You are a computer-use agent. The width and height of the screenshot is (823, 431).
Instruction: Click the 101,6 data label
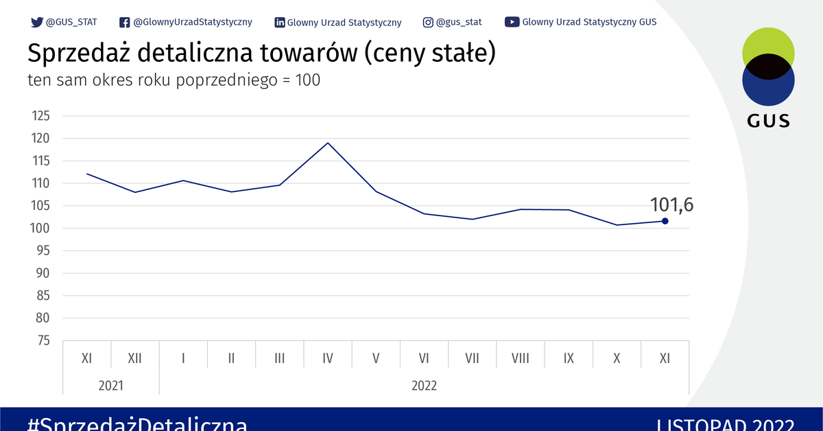tap(671, 204)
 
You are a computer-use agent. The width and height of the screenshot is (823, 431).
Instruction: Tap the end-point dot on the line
tap(665, 221)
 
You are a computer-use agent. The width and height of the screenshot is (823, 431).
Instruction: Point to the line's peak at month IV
tap(328, 143)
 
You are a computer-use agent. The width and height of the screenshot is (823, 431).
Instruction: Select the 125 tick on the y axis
tap(41, 116)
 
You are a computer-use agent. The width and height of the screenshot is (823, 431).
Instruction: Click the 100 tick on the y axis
tap(41, 228)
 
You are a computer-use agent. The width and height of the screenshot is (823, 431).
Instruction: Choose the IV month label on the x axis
tap(328, 358)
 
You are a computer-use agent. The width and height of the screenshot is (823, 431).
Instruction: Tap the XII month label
tap(134, 358)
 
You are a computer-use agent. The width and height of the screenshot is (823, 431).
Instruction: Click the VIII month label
tap(521, 358)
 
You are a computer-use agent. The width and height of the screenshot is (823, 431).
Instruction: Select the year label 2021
tap(110, 386)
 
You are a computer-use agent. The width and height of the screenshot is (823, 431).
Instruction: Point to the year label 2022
tap(424, 386)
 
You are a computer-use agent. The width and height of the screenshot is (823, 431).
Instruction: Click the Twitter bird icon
tap(37, 22)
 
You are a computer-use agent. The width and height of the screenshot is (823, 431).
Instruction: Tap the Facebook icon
tap(125, 22)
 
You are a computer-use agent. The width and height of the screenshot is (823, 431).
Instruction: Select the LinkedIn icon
tap(280, 22)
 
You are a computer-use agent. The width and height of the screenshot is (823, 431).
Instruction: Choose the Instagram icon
tap(428, 22)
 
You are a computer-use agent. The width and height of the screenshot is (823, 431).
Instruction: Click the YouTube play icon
tap(512, 22)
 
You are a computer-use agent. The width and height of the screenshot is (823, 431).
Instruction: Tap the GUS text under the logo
tap(768, 121)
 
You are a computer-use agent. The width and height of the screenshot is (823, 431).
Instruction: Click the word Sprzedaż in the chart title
tap(76, 54)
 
